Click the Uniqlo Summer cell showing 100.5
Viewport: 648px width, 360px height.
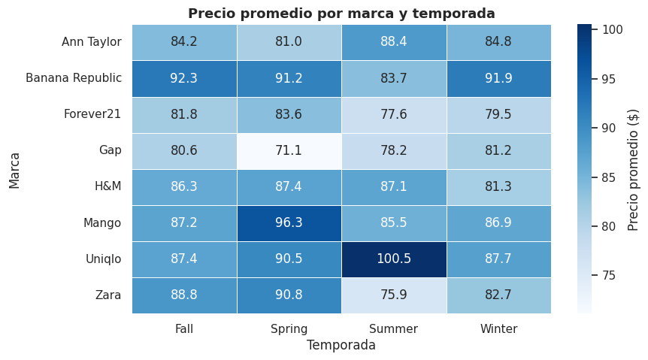tap(394, 259)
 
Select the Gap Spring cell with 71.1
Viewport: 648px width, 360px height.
tap(289, 150)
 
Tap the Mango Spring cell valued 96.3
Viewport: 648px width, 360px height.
tap(289, 223)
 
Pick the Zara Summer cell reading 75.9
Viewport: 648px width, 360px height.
tap(394, 295)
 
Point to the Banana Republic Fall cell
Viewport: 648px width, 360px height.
tap(184, 78)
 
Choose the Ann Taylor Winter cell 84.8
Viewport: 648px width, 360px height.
tap(498, 42)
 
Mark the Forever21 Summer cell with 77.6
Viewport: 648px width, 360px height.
tap(394, 114)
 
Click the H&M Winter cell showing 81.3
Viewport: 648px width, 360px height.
tap(498, 187)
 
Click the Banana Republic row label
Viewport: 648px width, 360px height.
tap(74, 78)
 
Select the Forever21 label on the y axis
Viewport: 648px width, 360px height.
tap(92, 114)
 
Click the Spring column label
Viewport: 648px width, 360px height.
tap(289, 328)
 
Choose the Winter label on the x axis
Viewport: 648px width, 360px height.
tap(498, 328)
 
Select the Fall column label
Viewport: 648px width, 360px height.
tap(184, 328)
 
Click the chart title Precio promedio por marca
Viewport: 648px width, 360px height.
tap(341, 14)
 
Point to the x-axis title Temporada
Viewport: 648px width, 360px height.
tap(341, 346)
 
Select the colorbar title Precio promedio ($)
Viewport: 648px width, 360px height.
tap(633, 168)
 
